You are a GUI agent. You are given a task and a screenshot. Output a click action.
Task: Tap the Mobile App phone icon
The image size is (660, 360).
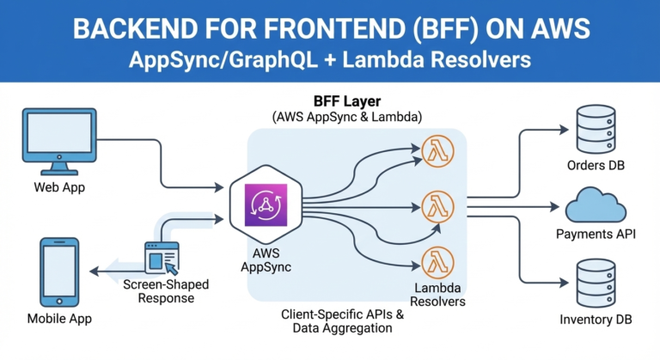[59, 272]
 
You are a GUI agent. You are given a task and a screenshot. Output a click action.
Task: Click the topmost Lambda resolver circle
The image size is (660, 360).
[437, 152]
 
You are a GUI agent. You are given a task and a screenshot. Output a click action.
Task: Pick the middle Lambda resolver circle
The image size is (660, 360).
[437, 205]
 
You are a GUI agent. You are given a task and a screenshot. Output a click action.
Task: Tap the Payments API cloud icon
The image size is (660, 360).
[596, 206]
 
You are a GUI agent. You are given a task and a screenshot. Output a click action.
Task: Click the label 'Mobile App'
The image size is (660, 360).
[59, 319]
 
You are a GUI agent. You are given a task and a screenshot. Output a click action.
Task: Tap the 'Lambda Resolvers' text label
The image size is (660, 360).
[437, 295]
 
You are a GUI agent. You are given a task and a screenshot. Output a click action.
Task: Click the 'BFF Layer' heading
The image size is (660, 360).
[354, 100]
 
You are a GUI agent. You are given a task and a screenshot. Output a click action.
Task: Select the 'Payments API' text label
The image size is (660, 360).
[596, 234]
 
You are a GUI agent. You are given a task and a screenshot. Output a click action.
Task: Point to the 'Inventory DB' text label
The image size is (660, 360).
[595, 320]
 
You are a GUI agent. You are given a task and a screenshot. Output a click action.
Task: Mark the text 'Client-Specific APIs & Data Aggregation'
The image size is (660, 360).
[342, 321]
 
